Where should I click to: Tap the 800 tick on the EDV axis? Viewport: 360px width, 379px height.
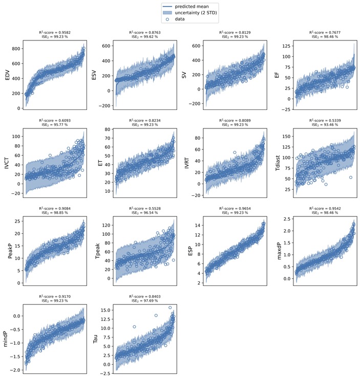[16, 49]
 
